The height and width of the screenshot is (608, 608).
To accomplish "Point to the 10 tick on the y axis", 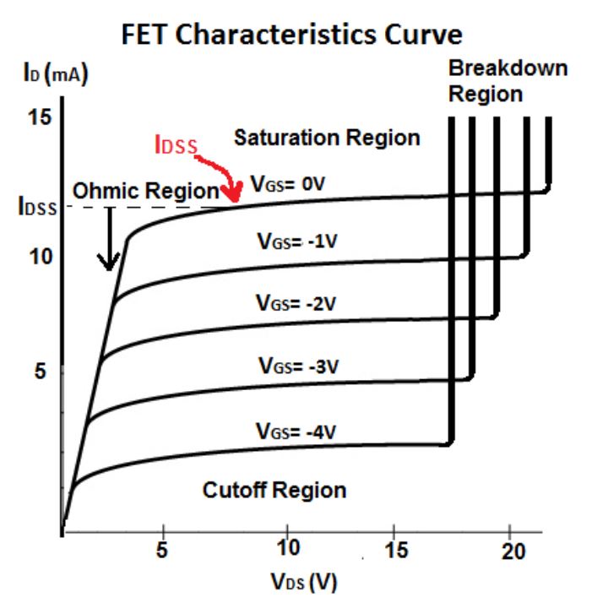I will tap(38, 255).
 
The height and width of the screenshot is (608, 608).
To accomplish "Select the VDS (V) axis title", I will tap(304, 583).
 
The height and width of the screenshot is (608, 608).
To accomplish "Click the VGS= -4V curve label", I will tap(296, 431).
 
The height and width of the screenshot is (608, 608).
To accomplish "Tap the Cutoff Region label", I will tap(274, 490).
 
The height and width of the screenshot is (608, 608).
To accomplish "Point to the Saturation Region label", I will tap(326, 138).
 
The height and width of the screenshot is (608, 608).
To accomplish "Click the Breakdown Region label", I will tap(508, 81).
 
